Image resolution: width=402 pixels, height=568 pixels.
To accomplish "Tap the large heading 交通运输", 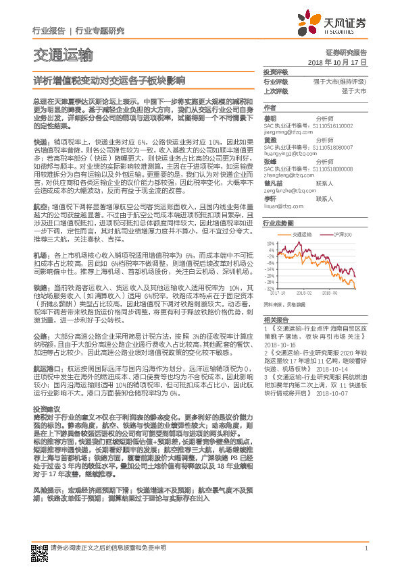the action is pos(64,55).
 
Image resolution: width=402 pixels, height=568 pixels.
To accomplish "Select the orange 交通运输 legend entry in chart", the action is pos(305,233).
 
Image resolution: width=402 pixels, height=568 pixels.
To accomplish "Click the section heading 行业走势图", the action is pos(278,222).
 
